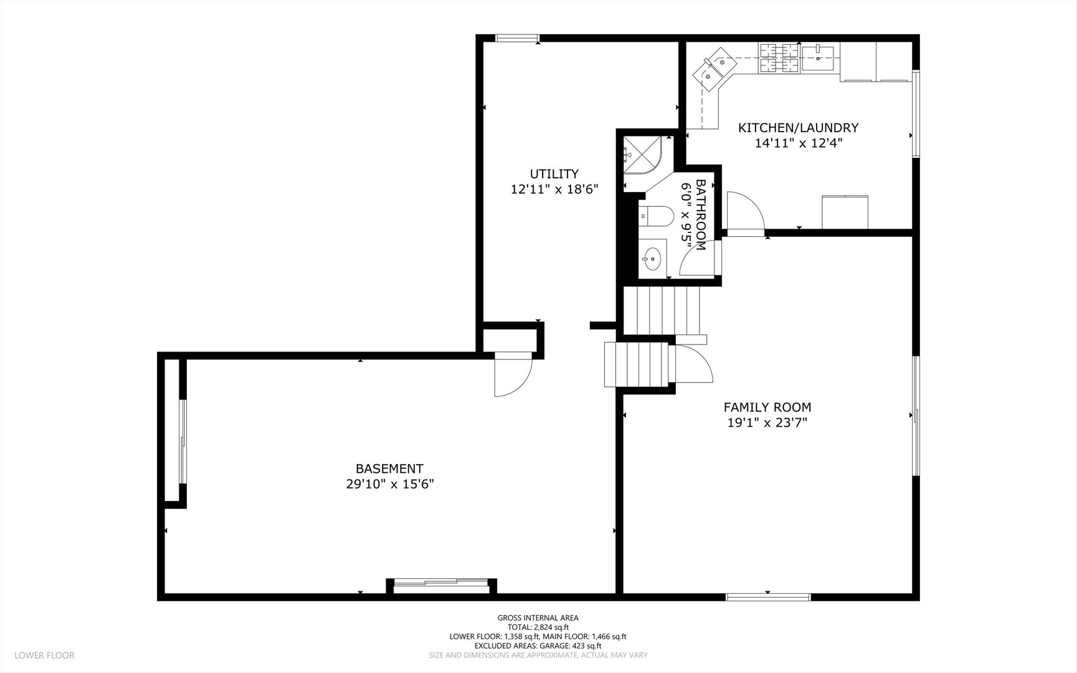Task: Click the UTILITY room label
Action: [554, 174]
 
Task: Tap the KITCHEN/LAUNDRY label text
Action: [798, 128]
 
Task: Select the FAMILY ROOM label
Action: [767, 408]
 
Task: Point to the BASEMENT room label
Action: [389, 469]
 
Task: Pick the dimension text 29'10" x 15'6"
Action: [390, 484]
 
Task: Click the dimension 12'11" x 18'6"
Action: [554, 189]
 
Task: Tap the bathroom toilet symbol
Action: [656, 216]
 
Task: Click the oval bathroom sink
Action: [652, 259]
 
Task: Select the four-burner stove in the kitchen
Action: [779, 57]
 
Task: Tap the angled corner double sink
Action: [715, 69]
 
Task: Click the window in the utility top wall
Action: [518, 39]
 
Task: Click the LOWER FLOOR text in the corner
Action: [44, 656]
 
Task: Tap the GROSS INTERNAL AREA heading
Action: [538, 618]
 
